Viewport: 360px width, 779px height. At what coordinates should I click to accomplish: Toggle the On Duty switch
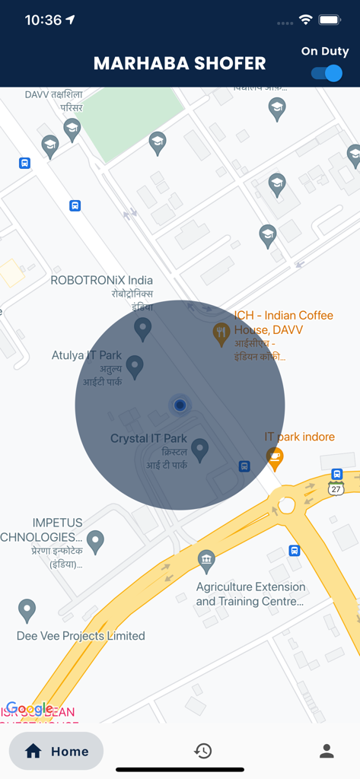[x=327, y=73]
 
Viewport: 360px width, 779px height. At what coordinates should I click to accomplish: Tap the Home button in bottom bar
[x=56, y=752]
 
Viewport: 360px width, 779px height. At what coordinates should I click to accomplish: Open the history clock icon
[x=202, y=751]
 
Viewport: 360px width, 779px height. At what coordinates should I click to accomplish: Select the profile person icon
[x=327, y=751]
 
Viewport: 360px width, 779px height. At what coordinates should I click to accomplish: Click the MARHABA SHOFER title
[x=180, y=64]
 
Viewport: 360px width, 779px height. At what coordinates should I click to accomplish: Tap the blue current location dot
[x=180, y=405]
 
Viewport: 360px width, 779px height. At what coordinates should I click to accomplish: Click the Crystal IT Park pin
[x=199, y=449]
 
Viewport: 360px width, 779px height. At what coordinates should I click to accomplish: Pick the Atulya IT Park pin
[x=135, y=366]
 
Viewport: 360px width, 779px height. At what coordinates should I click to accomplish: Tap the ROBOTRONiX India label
[x=102, y=280]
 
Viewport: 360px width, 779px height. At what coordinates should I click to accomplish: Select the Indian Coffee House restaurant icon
[x=221, y=332]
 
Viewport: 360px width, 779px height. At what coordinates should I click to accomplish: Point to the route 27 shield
[x=336, y=489]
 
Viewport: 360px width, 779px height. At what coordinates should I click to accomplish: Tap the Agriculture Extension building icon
[x=206, y=561]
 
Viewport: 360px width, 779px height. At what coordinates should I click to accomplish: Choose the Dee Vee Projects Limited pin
[x=27, y=609]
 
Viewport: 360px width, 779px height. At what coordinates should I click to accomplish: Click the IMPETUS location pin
[x=95, y=541]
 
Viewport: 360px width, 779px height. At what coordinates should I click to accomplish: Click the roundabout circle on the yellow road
[x=286, y=504]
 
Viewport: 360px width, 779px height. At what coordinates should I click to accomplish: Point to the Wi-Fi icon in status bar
[x=306, y=20]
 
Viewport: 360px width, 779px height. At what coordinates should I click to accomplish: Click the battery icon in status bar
[x=330, y=20]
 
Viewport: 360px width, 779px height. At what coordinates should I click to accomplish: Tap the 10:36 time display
[x=43, y=21]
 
